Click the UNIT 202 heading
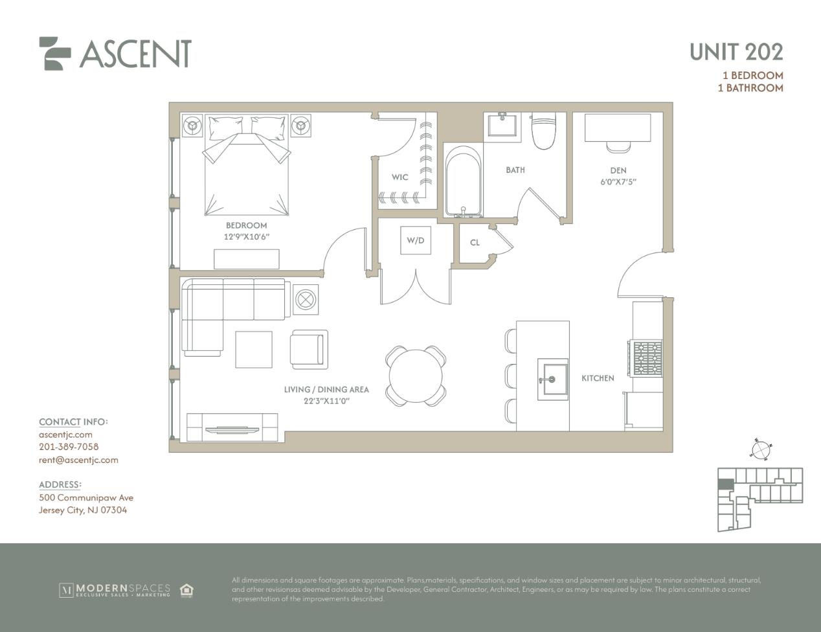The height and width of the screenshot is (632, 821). pos(736,52)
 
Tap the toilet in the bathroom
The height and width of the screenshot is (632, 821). pos(544,130)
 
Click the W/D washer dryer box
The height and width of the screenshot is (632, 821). pos(416,240)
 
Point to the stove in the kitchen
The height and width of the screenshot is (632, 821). pos(646,359)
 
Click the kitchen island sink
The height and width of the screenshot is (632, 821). pos(553,379)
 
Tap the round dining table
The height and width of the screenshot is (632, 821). pos(416,376)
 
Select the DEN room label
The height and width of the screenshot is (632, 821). pos(618,170)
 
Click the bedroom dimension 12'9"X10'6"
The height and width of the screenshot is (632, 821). pos(246,237)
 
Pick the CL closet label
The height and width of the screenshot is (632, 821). pos(475,243)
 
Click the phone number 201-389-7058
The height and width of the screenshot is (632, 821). pos(69,447)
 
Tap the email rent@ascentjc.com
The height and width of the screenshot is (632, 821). pos(78,460)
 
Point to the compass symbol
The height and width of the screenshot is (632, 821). pos(759,450)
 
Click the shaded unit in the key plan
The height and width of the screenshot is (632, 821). pos(725,484)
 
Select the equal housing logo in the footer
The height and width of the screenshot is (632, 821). pos(186,590)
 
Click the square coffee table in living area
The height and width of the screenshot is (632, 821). pos(254,350)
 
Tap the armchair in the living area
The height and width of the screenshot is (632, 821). pos(309,350)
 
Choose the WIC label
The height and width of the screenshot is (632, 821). pos(399,177)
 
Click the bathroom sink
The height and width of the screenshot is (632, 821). pos(502,125)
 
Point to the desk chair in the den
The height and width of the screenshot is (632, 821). pos(618,147)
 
